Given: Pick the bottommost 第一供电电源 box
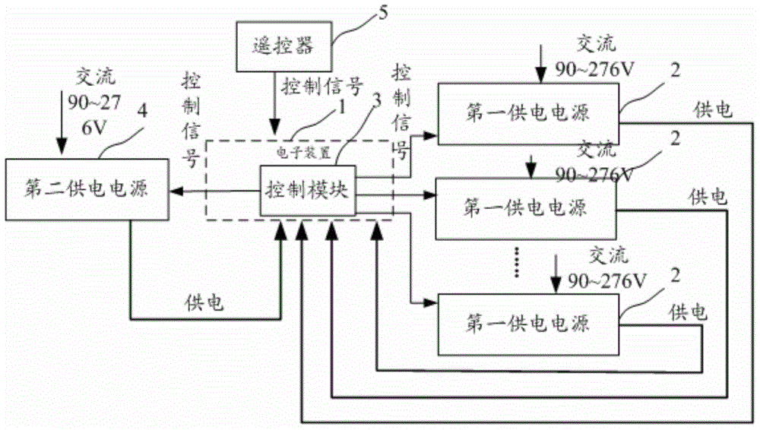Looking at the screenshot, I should [x=527, y=324].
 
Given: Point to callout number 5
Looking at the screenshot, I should [x=381, y=11].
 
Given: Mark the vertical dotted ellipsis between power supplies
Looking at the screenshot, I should [x=519, y=260].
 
